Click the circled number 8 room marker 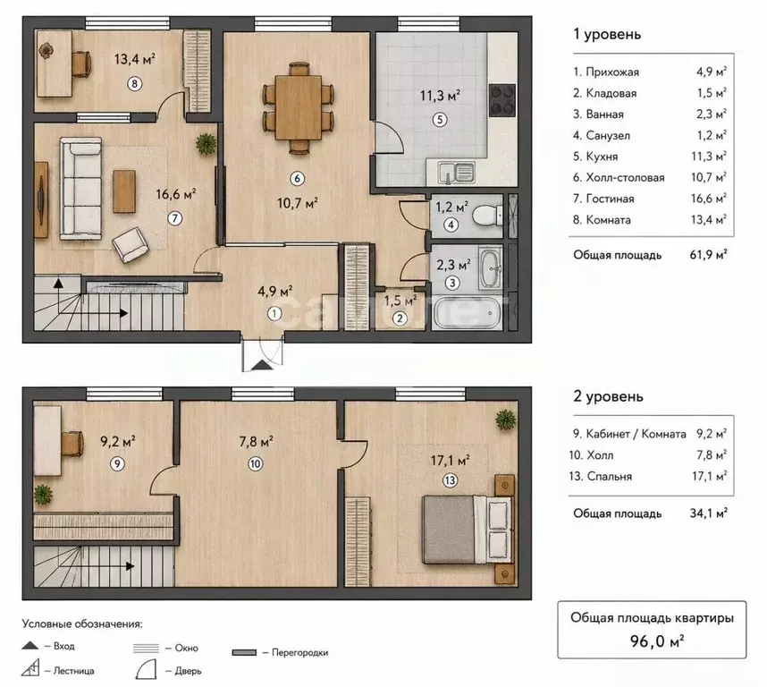coord(134,84)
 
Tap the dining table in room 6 coord(299,107)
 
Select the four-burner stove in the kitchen coord(502,100)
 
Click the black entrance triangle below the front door coord(263,365)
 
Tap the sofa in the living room coord(81,189)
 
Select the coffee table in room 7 coord(124,191)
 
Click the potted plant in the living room coord(206,144)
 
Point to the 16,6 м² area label coord(175,194)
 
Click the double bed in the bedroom coord(468,530)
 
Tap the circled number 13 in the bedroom coord(450,480)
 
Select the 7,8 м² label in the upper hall coord(256,442)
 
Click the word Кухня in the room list coord(602,157)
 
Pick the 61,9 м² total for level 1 coord(708,254)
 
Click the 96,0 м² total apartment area coord(656,640)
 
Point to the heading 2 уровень coord(608,396)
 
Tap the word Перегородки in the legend coord(299,652)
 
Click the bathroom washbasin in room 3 coord(491,268)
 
